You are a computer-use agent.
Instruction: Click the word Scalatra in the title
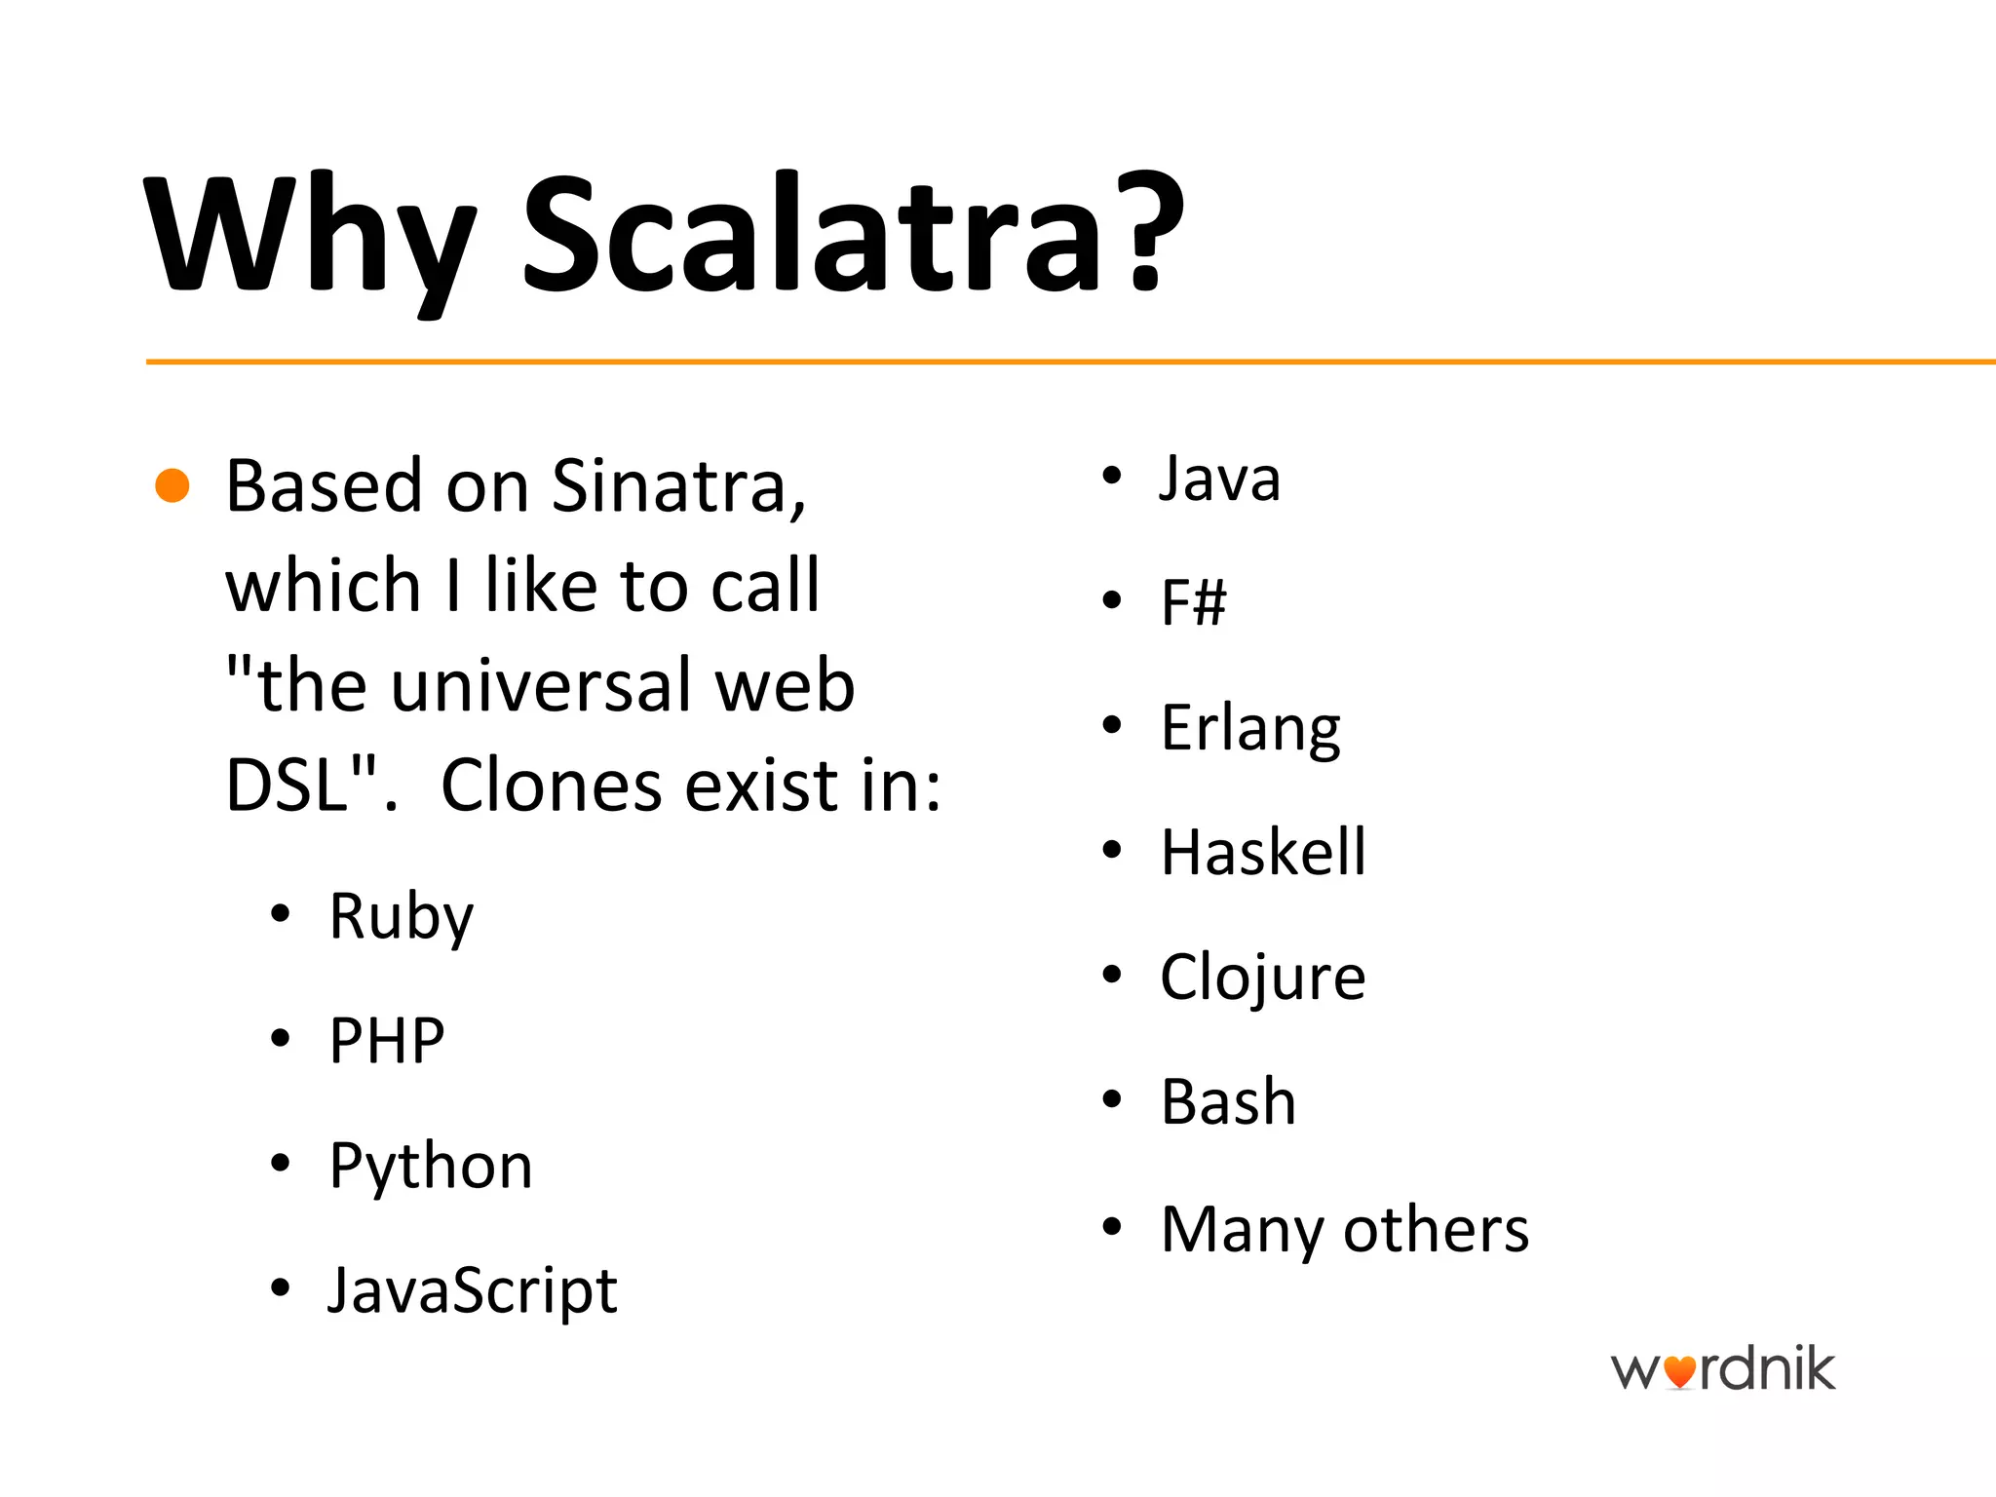(853, 234)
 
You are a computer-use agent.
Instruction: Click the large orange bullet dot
(173, 485)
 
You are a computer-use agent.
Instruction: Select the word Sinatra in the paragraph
(678, 485)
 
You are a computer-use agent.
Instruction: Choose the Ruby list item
(401, 916)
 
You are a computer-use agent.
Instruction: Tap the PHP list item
(387, 1041)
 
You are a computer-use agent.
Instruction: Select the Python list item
(431, 1167)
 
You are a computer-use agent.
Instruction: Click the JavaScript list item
(472, 1290)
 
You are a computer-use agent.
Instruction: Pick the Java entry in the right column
(1219, 479)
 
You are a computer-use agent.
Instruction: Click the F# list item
(1193, 602)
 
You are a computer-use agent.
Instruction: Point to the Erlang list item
(1250, 728)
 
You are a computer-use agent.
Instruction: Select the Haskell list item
(1263, 853)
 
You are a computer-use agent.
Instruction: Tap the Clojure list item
(1263, 978)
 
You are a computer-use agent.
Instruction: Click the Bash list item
(1228, 1102)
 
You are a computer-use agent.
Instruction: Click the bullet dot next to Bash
(1112, 1100)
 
